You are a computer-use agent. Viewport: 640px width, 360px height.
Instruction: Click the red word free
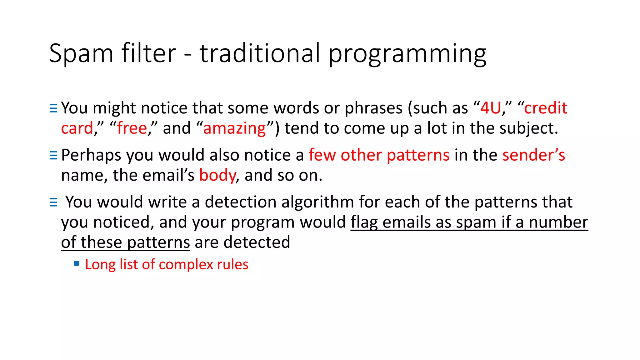point(132,128)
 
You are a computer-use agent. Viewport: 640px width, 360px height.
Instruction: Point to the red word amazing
point(234,128)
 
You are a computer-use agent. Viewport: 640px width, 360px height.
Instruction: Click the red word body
point(217,175)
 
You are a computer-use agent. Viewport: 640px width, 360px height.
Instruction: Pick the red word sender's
point(533,155)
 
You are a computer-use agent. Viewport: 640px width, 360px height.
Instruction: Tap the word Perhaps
point(91,155)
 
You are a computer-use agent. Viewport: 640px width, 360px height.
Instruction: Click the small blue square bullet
point(77,263)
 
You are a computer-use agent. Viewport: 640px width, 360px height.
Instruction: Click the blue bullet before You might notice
point(53,108)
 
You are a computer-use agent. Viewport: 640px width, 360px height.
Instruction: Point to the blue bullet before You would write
point(53,202)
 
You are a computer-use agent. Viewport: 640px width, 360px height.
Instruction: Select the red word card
point(77,128)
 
